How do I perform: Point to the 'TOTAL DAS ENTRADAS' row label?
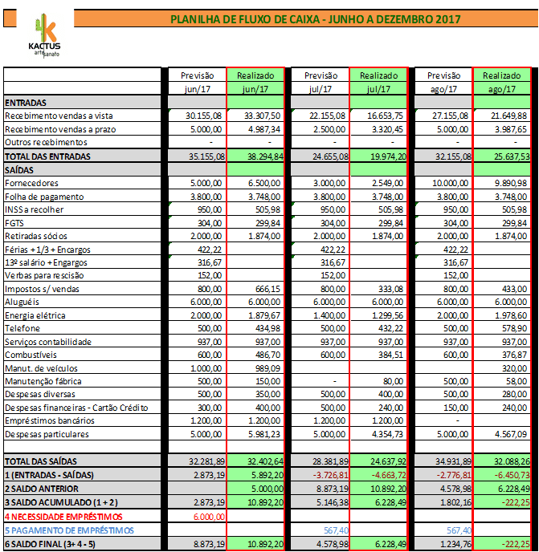point(47,156)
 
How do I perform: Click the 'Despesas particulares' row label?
point(47,434)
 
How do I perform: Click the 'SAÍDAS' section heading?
point(19,169)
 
